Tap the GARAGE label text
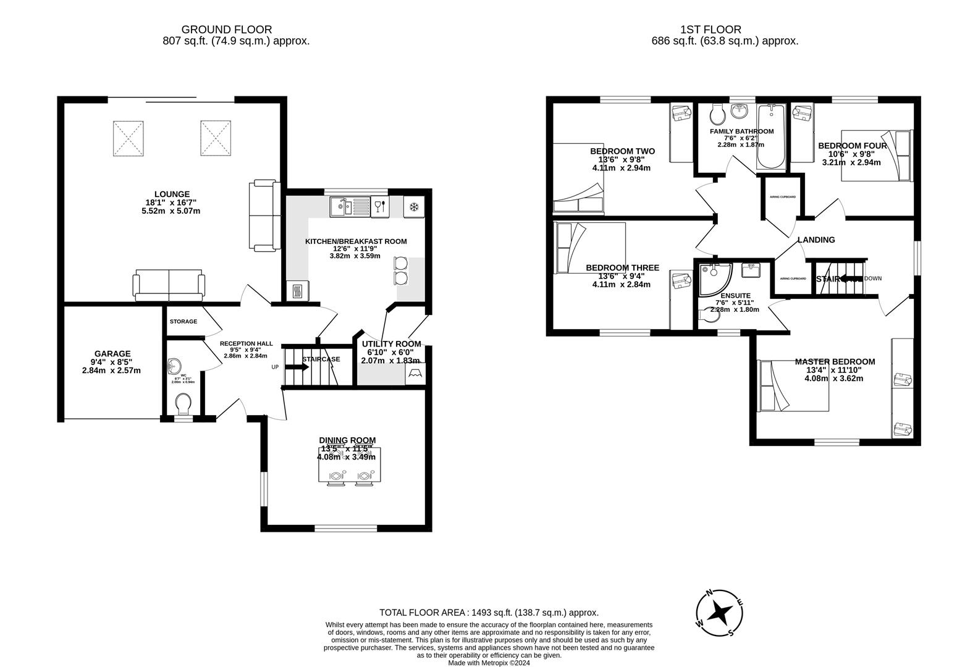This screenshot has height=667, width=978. (112, 354)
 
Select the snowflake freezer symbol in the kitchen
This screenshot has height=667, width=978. (415, 207)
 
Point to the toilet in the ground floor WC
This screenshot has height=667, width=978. (183, 405)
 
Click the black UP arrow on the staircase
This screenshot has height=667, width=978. (297, 367)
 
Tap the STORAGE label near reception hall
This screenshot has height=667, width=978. (183, 322)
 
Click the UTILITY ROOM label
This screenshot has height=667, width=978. (391, 344)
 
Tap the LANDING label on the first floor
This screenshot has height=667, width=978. (816, 240)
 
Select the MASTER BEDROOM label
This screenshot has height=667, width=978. (835, 361)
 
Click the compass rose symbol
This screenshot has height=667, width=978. (720, 613)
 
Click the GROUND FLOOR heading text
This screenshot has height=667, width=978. (226, 29)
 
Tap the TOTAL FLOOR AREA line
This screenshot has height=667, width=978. (489, 613)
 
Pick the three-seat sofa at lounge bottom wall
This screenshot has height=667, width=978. (169, 285)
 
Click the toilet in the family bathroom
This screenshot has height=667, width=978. (717, 114)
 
